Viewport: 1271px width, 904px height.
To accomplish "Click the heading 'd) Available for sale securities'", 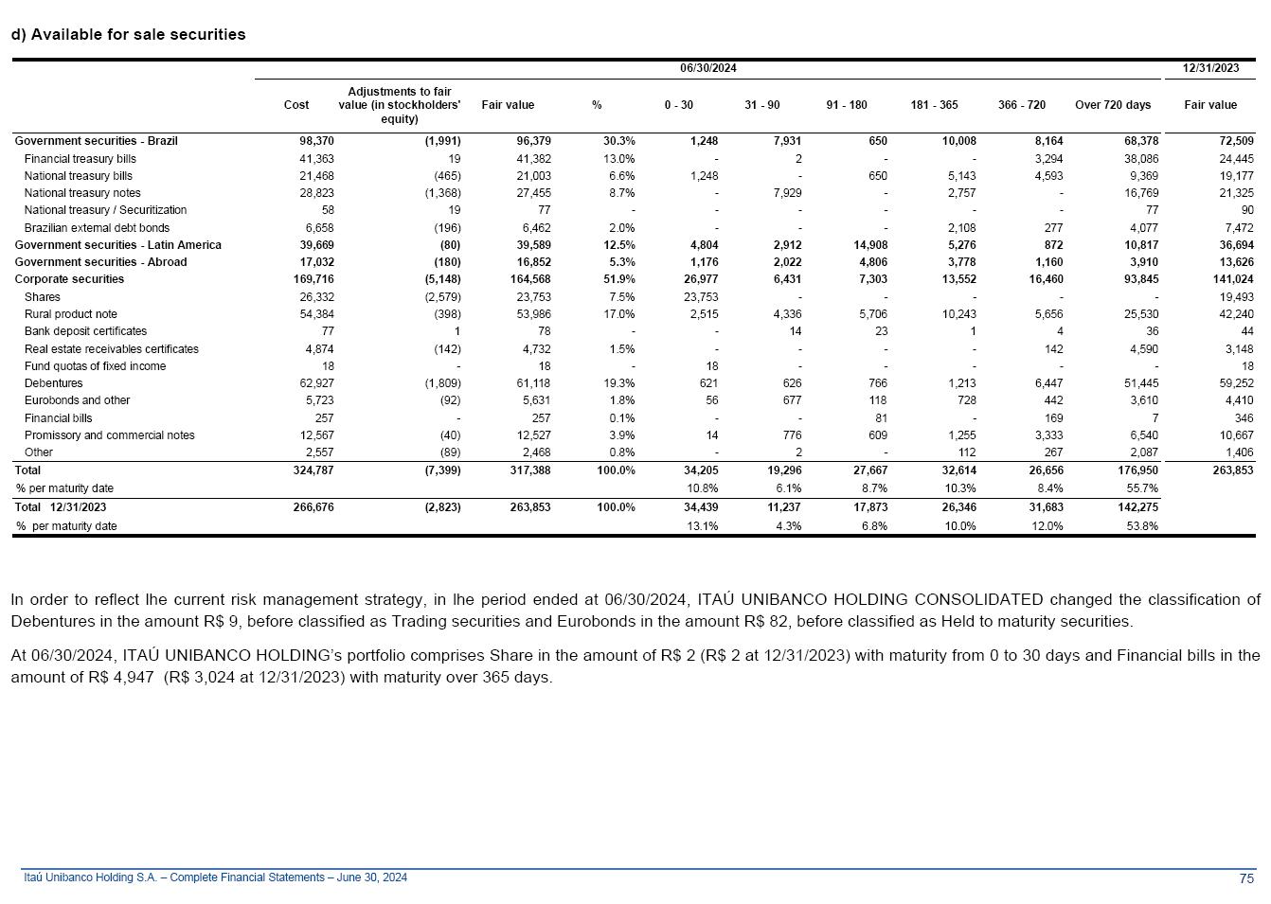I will (x=128, y=34).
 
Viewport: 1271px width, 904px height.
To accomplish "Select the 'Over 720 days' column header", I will (x=1113, y=105).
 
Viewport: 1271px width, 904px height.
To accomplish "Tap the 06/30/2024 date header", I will (x=707, y=68).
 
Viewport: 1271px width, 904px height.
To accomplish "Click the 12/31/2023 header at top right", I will (x=1210, y=68).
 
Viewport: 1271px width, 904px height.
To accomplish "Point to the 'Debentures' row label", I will (x=53, y=383).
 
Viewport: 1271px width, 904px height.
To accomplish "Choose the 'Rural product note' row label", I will (x=71, y=314).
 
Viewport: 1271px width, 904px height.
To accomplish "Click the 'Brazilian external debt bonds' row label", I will (x=97, y=228).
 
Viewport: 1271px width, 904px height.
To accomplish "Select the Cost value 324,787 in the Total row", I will (x=315, y=470).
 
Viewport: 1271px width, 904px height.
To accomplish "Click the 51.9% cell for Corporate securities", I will (x=619, y=279).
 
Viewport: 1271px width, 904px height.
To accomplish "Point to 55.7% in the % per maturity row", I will (x=1142, y=488).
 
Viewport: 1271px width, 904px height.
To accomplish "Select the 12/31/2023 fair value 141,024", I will (x=1232, y=279).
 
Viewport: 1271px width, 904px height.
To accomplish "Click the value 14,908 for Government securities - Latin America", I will (x=870, y=245).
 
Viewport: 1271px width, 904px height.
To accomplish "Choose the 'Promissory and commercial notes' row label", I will (x=109, y=435).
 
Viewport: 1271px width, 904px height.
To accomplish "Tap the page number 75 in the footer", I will (x=1246, y=878).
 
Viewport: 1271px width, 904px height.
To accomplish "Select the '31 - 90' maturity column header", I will (x=761, y=105).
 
